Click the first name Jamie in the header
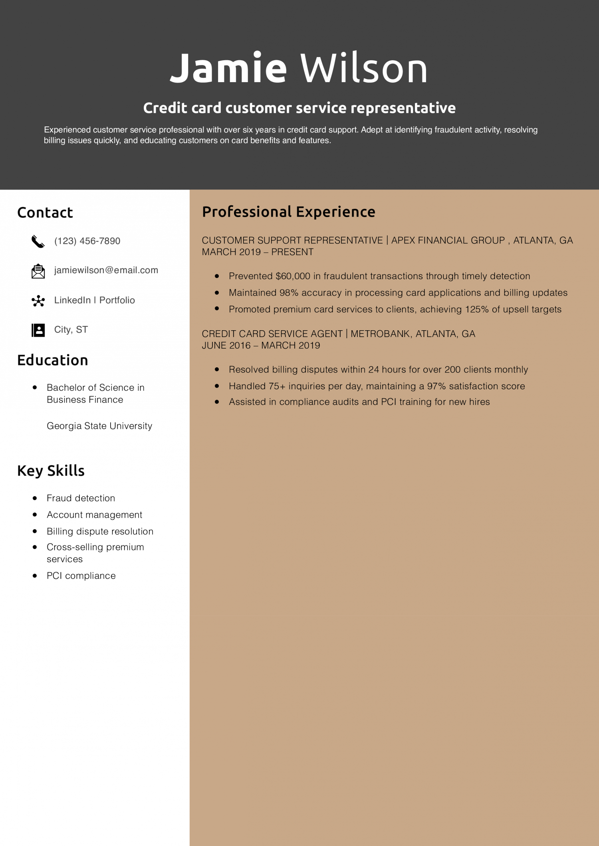(228, 69)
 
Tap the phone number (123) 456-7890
(87, 241)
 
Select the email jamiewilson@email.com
(106, 270)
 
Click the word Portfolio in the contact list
(117, 300)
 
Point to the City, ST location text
(71, 329)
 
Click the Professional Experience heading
(288, 212)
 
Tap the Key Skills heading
(51, 471)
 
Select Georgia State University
(99, 426)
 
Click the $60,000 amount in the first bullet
(293, 276)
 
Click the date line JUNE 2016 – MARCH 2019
(261, 345)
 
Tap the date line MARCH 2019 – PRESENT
(258, 252)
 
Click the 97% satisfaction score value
(436, 386)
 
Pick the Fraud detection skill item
(81, 498)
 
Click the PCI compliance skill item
(81, 576)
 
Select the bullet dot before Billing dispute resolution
(35, 531)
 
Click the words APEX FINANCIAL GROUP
(448, 241)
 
